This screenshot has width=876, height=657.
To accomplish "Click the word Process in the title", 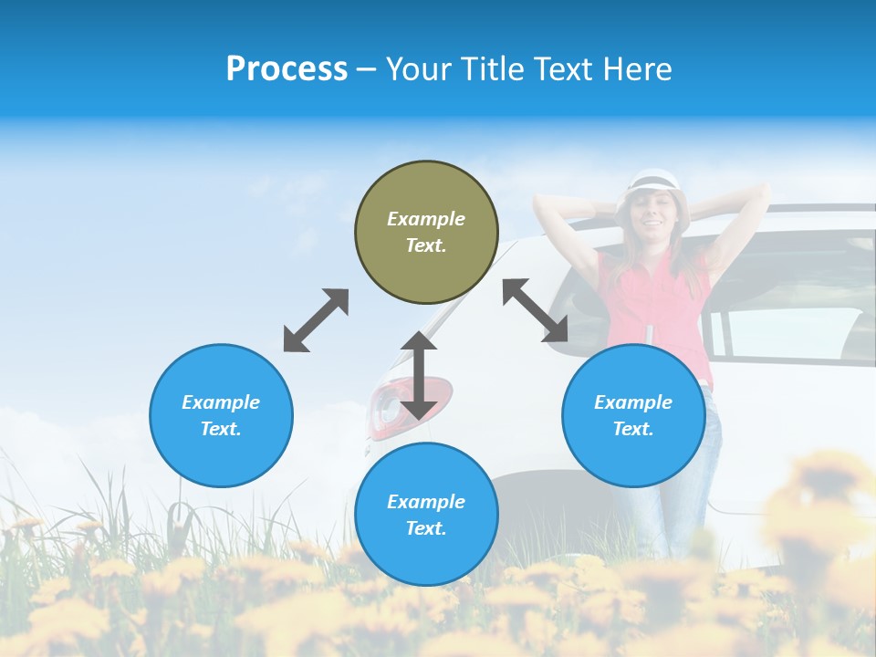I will coord(287,69).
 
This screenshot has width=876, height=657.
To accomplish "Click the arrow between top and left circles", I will coord(316,320).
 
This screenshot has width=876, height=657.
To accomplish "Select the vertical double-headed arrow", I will coord(419,375).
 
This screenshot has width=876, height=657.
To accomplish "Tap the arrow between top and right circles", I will coord(535,310).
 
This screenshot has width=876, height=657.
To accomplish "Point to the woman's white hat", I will coord(652,180).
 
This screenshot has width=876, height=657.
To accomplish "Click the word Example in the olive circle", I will coord(426,219).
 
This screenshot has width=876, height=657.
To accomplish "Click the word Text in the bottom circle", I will coord(426,528).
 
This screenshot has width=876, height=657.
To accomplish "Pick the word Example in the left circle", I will coord(221,402).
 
